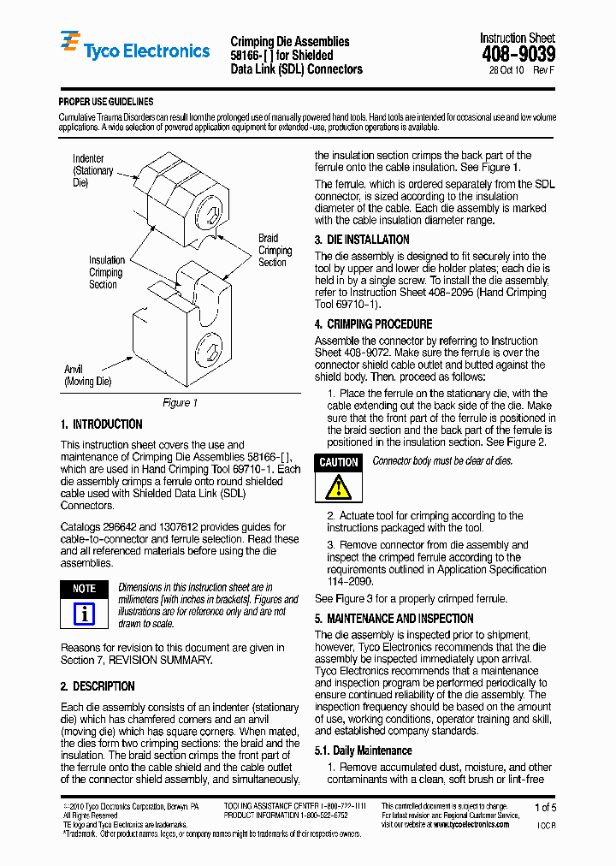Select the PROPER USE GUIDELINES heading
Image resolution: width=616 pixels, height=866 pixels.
106,102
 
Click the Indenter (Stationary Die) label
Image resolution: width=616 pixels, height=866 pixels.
92,170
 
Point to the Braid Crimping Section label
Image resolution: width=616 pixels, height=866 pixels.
275,251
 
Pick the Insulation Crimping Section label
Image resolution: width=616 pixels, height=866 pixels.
106,272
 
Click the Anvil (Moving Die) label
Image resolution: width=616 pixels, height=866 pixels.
88,375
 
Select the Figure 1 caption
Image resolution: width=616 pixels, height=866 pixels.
180,402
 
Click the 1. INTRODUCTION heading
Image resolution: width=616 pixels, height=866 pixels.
102,424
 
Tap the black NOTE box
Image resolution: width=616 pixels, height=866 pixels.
84,589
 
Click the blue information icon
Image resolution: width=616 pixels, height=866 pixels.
84,614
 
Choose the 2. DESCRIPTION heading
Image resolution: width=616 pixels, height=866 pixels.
98,686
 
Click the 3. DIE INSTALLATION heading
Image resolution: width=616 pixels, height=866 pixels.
362,240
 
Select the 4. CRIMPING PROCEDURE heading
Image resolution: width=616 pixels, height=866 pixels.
373,324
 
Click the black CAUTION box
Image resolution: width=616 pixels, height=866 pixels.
339,462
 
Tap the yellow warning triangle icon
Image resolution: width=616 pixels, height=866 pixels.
340,487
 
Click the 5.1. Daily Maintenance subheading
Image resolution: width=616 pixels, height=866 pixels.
364,750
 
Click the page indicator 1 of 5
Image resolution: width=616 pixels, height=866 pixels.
545,808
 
